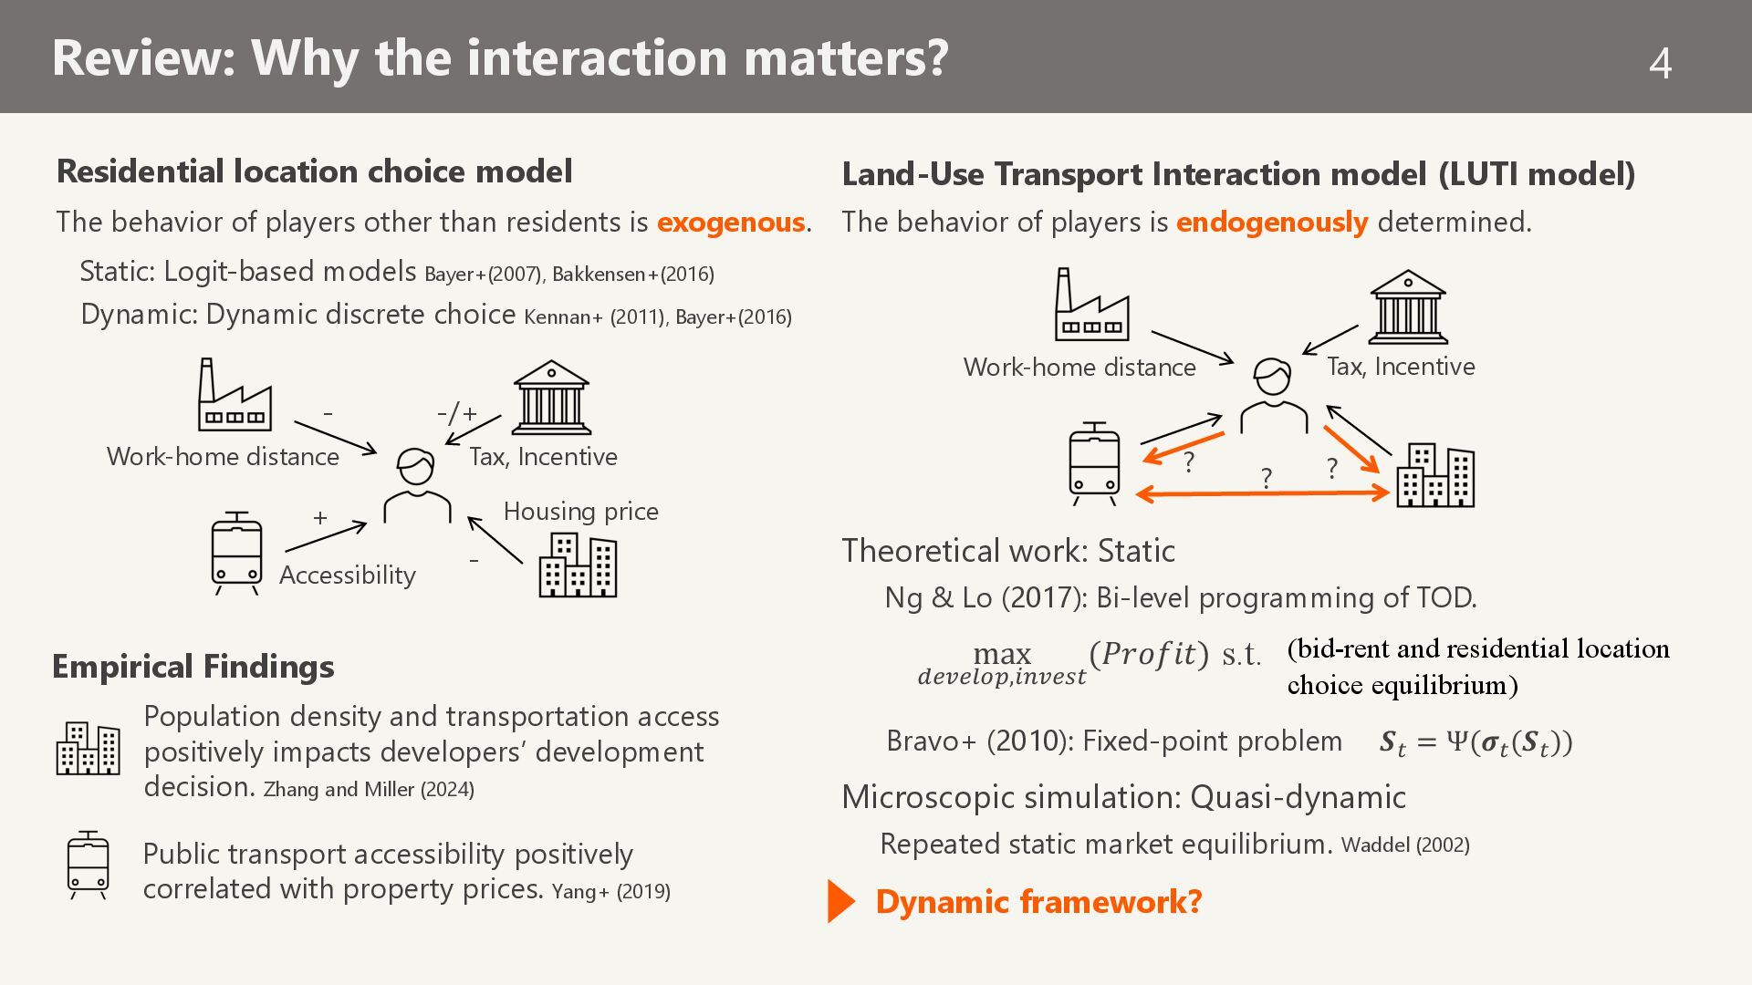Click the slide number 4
click(1661, 63)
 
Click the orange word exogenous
click(730, 222)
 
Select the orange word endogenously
click(1271, 222)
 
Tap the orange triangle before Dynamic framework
click(840, 901)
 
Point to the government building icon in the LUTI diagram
click(1407, 306)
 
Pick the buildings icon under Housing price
click(578, 565)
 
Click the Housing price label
click(580, 512)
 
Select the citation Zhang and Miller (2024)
click(369, 790)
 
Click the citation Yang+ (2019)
click(610, 891)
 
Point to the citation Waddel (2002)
click(1404, 845)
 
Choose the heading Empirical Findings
click(193, 667)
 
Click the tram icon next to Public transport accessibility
click(88, 865)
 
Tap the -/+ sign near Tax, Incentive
click(457, 413)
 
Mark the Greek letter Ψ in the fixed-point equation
click(1455, 741)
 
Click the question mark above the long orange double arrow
click(1266, 477)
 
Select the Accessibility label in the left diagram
click(347, 575)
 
